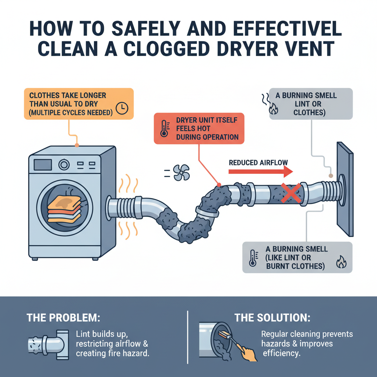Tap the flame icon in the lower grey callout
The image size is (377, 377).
(341, 263)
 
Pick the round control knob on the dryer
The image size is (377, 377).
(64, 164)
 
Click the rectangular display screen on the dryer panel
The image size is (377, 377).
(43, 164)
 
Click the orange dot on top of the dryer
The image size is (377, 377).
(77, 145)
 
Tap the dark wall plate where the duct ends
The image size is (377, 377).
(345, 188)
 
